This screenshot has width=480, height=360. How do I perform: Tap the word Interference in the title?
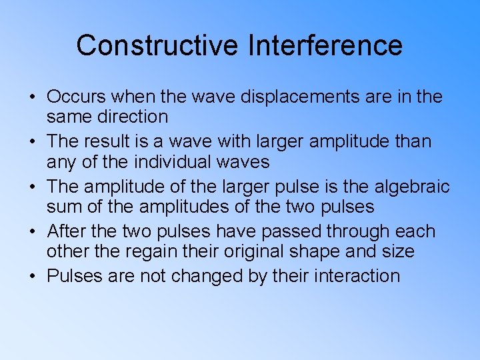(325, 45)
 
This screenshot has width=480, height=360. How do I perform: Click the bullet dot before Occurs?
(33, 97)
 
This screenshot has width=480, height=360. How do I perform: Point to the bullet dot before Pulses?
(33, 277)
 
